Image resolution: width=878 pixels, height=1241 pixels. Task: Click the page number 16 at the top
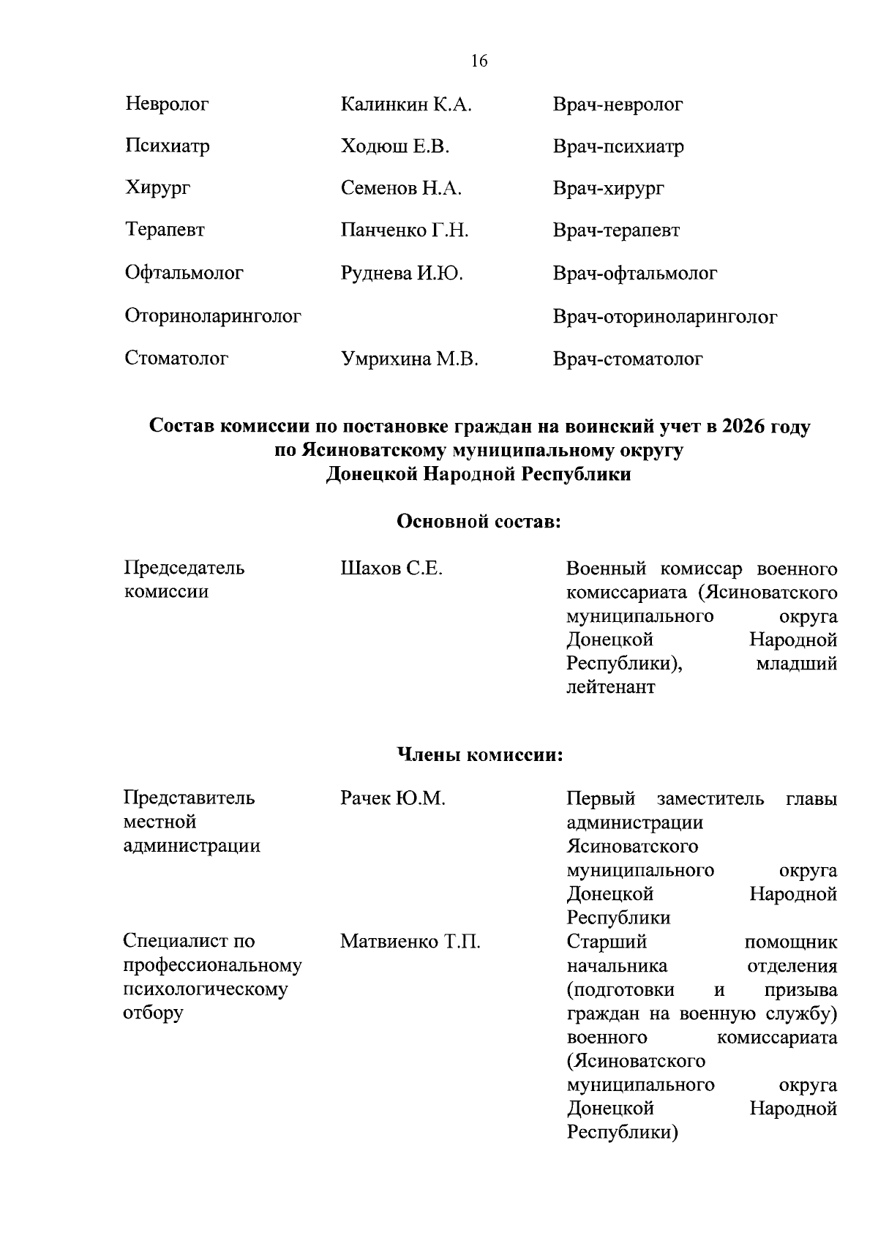tap(479, 61)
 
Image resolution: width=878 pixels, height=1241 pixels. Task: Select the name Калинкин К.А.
tap(406, 105)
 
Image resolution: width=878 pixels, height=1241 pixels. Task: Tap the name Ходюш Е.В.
tap(394, 146)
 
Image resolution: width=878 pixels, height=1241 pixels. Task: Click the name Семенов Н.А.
tap(401, 188)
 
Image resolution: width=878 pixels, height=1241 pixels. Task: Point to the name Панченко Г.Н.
tap(405, 230)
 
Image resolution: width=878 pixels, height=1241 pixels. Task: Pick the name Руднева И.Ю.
tap(402, 274)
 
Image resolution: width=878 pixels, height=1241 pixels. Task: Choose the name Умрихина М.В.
tap(409, 359)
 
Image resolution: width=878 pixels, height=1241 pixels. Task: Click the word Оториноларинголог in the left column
tap(213, 316)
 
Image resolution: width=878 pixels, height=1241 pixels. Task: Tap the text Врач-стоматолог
tap(628, 359)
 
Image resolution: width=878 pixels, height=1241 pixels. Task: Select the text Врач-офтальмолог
tap(635, 274)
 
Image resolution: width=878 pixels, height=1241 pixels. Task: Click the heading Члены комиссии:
tap(479, 754)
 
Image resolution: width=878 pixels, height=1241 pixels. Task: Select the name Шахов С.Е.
tap(391, 569)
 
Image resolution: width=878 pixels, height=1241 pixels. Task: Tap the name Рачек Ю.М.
tap(393, 798)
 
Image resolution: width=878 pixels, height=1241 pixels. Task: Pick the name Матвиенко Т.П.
tap(410, 941)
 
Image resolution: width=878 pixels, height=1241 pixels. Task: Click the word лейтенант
tap(611, 687)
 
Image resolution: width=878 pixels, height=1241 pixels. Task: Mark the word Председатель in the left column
tap(184, 568)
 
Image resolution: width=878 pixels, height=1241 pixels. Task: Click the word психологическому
tap(205, 989)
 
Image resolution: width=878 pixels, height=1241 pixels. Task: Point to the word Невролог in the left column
tap(167, 104)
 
